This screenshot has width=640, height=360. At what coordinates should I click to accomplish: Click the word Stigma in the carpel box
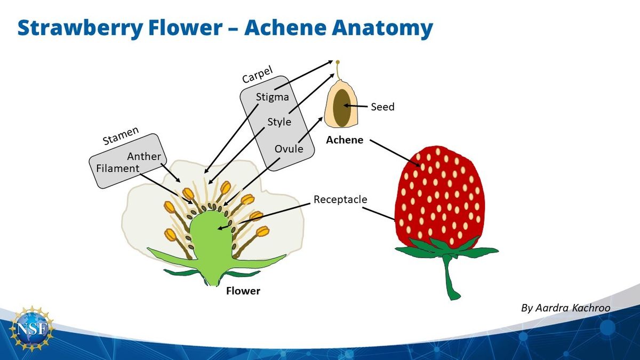click(x=272, y=97)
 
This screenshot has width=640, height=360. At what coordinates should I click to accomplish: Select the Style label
click(x=279, y=122)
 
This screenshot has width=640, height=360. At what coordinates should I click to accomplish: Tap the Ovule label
click(x=289, y=149)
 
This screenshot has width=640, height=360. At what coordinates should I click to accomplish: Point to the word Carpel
click(x=258, y=75)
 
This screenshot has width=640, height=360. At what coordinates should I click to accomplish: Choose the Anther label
click(x=144, y=157)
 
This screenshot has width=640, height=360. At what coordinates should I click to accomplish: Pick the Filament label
click(x=118, y=169)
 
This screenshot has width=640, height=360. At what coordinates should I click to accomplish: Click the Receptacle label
click(x=340, y=199)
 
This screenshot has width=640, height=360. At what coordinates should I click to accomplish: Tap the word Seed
click(x=382, y=107)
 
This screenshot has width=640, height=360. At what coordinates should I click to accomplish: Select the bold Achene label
click(x=345, y=140)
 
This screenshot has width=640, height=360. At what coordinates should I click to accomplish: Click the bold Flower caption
click(x=243, y=291)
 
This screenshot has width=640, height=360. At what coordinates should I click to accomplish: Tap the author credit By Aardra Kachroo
click(x=565, y=308)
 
